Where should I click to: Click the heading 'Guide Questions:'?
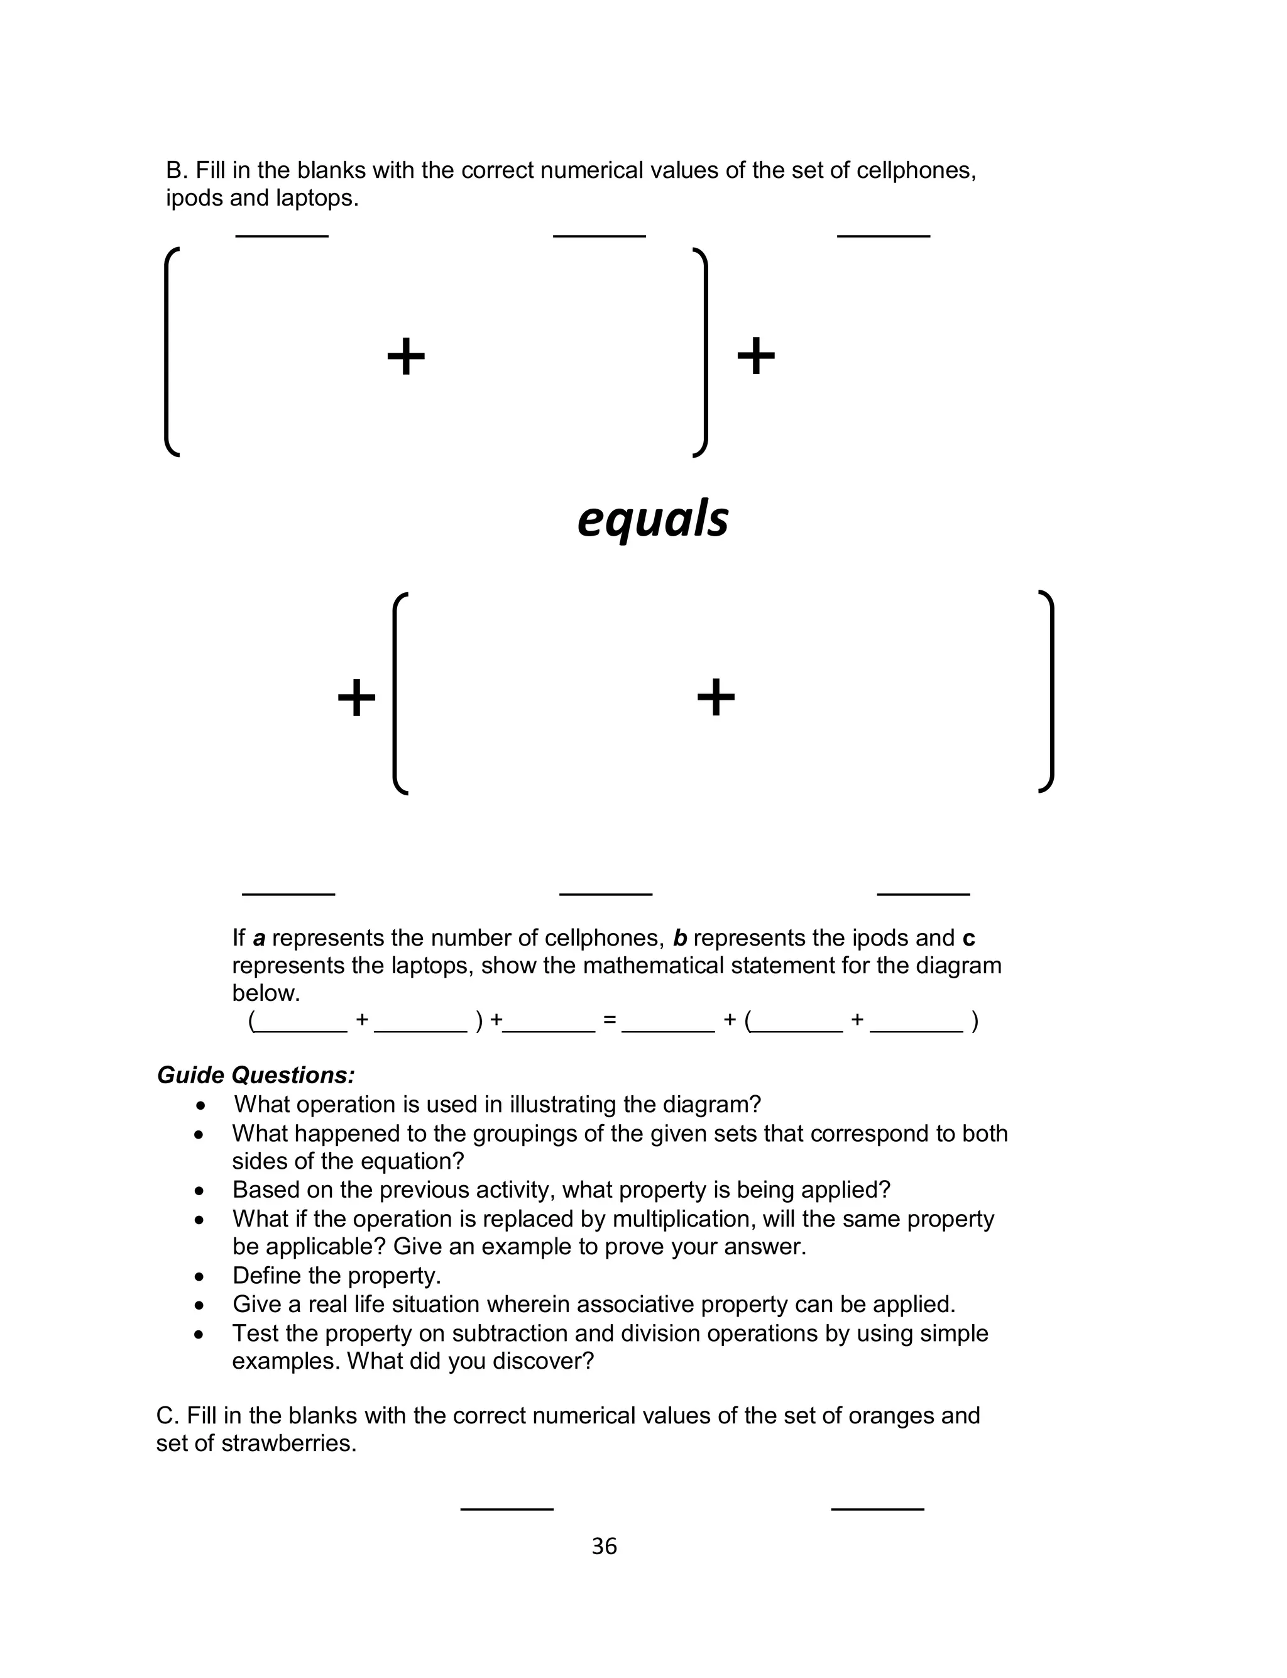click(256, 1075)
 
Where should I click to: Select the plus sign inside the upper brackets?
click(405, 356)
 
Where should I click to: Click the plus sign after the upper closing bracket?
click(755, 356)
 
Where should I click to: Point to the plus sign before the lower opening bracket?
click(356, 698)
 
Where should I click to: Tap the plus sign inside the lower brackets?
click(716, 698)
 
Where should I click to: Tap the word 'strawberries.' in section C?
click(289, 1443)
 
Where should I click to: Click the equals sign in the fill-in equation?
click(609, 1020)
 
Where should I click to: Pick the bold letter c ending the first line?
click(968, 938)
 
